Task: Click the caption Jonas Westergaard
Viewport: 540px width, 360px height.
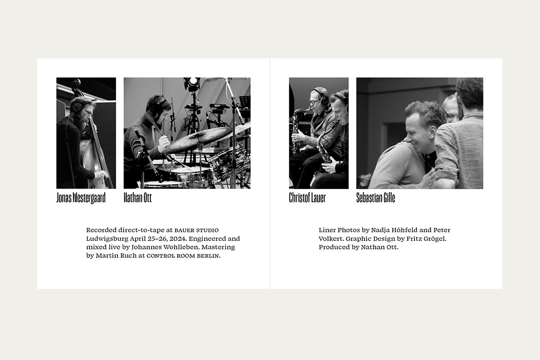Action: [x=81, y=198]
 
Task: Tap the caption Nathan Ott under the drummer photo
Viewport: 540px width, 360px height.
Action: [x=138, y=198]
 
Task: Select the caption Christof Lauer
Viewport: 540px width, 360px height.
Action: [x=307, y=198]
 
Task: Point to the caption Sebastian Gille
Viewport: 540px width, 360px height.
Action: [x=376, y=198]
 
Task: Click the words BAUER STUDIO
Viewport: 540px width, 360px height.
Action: [x=197, y=230]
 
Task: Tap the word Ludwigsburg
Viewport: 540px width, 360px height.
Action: [x=107, y=239]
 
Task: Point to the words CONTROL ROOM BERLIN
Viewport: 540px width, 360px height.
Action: [x=183, y=256]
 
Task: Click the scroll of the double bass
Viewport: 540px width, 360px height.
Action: [x=76, y=85]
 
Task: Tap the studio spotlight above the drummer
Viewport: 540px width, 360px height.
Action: [x=192, y=83]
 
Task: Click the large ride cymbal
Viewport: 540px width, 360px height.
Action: [x=199, y=140]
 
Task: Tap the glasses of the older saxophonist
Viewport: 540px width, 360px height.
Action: [x=314, y=101]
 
